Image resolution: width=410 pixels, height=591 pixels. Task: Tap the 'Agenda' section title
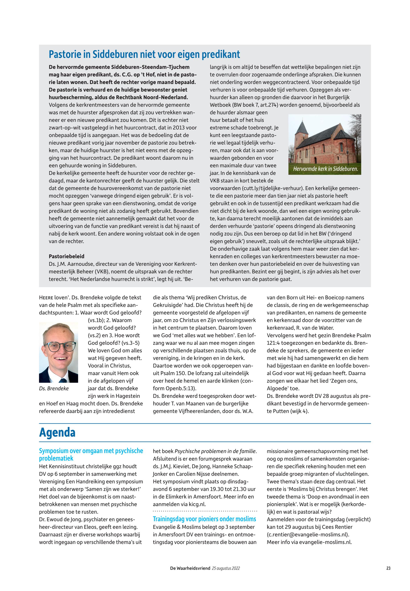pos(57,433)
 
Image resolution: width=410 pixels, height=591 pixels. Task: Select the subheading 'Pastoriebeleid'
pos(66,256)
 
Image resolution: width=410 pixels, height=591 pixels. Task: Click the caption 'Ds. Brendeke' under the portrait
pos(54,389)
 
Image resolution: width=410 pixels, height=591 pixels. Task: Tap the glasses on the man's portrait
pos(59,347)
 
